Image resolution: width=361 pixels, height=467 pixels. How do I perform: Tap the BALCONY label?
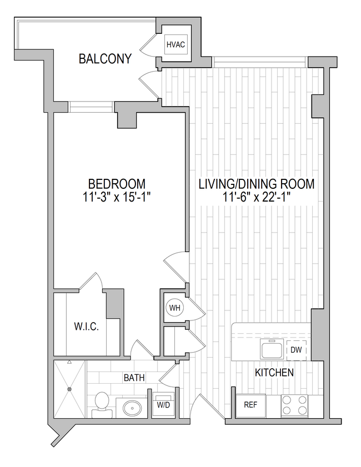105,59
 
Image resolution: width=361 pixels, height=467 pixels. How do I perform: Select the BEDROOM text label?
117,184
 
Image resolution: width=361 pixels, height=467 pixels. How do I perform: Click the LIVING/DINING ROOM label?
257,184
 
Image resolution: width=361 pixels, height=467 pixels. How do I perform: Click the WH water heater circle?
175,308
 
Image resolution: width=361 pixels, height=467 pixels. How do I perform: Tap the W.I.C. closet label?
86,327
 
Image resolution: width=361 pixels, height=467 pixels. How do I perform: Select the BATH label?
134,378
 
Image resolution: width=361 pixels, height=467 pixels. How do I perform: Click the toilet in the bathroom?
102,404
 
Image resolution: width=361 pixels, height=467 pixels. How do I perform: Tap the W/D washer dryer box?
163,405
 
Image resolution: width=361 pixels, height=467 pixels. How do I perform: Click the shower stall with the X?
69,389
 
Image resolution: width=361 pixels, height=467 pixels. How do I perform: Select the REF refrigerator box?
251,405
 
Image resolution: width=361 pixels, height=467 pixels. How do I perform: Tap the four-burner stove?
294,406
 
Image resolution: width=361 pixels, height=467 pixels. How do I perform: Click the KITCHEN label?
274,372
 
